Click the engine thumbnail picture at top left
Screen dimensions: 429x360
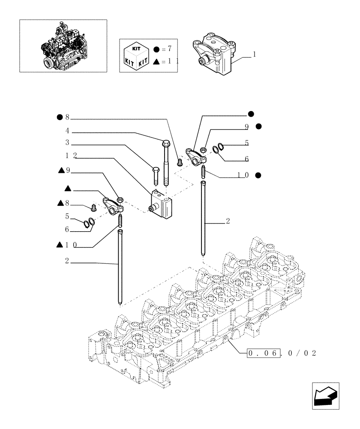pos(63,45)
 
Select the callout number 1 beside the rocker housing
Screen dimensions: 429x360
pos(255,54)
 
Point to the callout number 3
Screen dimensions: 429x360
pos(67,142)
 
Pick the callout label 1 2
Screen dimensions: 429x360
pos(72,155)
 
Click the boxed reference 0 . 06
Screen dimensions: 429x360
pos(264,353)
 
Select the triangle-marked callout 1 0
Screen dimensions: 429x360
pos(72,245)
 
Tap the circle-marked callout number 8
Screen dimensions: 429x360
pos(67,117)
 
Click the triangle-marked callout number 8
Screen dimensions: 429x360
pos(67,203)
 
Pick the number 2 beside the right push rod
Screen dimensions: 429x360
pos(228,221)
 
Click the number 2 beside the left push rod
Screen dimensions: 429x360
pos(67,261)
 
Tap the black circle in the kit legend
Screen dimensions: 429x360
pos(156,49)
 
